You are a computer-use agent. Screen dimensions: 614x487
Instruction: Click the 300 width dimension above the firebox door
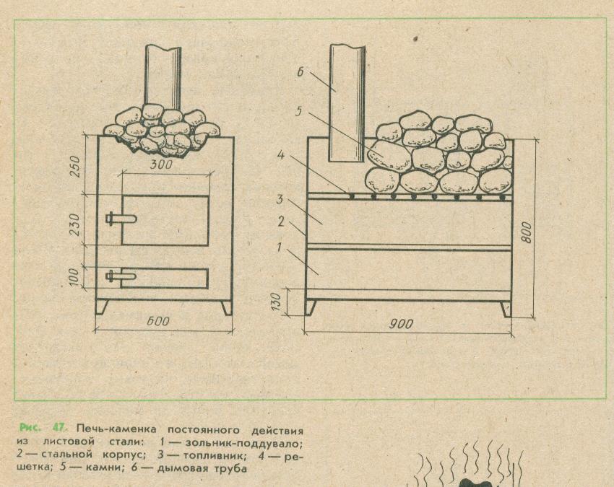point(161,164)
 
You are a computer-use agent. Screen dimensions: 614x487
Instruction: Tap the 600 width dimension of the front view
point(158,321)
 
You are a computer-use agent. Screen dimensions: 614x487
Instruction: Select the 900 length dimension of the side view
point(402,324)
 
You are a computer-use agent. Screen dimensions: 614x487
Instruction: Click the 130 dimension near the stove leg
point(276,302)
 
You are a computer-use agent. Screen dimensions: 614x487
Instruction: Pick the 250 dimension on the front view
point(75,166)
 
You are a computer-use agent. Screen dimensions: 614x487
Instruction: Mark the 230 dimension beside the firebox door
point(75,224)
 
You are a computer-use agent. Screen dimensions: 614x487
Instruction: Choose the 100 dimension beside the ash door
point(76,277)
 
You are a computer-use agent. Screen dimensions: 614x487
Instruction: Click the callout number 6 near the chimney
point(300,72)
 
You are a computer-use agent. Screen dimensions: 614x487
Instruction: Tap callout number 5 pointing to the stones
point(298,112)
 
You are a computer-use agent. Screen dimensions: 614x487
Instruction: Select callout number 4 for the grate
point(281,155)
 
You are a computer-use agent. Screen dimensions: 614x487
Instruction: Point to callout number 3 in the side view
point(280,199)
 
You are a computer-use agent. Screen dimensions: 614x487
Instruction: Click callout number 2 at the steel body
point(281,221)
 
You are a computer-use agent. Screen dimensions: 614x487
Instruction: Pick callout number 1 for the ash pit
point(279,247)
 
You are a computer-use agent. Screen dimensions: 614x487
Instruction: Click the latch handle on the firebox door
point(121,218)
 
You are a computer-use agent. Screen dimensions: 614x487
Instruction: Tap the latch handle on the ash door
point(121,276)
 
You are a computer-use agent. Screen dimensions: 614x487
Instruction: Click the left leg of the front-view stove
point(101,307)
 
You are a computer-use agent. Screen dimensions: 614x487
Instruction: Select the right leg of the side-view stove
point(506,309)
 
